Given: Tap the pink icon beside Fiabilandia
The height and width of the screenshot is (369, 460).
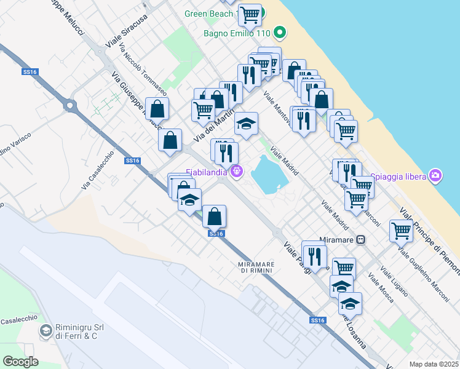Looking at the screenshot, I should point(236,171).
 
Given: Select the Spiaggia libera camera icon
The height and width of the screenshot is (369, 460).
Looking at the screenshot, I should point(436,177).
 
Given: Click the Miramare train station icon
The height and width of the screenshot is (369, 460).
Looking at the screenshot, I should point(362,240).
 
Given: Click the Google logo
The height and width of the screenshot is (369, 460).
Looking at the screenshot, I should point(20,361).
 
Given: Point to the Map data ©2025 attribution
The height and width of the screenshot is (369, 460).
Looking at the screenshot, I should point(433,364).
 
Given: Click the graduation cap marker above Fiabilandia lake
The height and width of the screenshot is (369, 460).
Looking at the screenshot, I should point(246,124).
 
